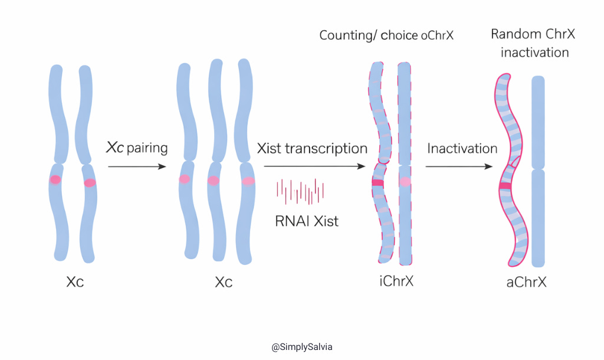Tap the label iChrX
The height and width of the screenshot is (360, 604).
coord(396,281)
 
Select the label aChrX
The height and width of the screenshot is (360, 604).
coord(526,282)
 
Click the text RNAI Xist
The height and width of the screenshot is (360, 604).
coord(307,221)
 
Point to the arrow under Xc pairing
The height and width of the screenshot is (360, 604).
coord(137,167)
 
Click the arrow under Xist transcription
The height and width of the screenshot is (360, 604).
coord(313,167)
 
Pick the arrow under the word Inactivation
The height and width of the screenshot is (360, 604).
coord(459,167)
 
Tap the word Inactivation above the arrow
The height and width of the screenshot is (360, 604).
coord(462,148)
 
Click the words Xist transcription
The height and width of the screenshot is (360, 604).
coord(312,148)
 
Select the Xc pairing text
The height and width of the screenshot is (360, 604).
coord(137,148)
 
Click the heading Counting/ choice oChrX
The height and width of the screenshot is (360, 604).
coord(386,35)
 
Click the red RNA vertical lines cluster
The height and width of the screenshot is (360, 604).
coord(300,191)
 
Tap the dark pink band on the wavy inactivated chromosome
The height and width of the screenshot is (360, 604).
coord(504,186)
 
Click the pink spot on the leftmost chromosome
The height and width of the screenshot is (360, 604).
coord(55,179)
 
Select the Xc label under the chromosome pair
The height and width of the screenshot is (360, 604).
coord(75,282)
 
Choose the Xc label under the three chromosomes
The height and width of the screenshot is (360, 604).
coord(224,282)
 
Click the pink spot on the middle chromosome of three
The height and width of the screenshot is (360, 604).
coord(214,181)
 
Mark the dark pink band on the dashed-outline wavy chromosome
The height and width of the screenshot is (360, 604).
coord(377,184)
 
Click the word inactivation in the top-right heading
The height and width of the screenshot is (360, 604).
coord(534,53)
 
